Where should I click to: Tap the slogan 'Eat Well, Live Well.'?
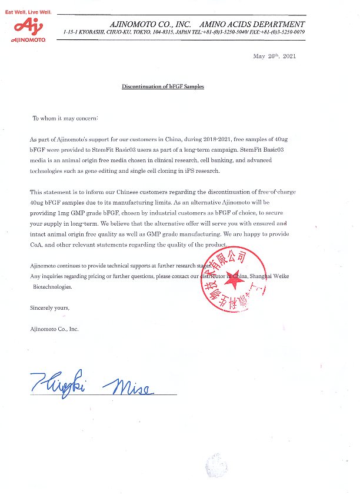point(28,12)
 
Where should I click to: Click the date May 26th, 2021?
point(274,56)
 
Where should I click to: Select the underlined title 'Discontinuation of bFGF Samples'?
point(163,86)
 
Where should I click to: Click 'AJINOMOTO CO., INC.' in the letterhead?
point(149,24)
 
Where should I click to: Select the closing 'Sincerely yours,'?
point(49,307)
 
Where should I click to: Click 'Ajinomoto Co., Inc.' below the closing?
point(54,329)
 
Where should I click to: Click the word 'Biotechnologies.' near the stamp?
point(52,287)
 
